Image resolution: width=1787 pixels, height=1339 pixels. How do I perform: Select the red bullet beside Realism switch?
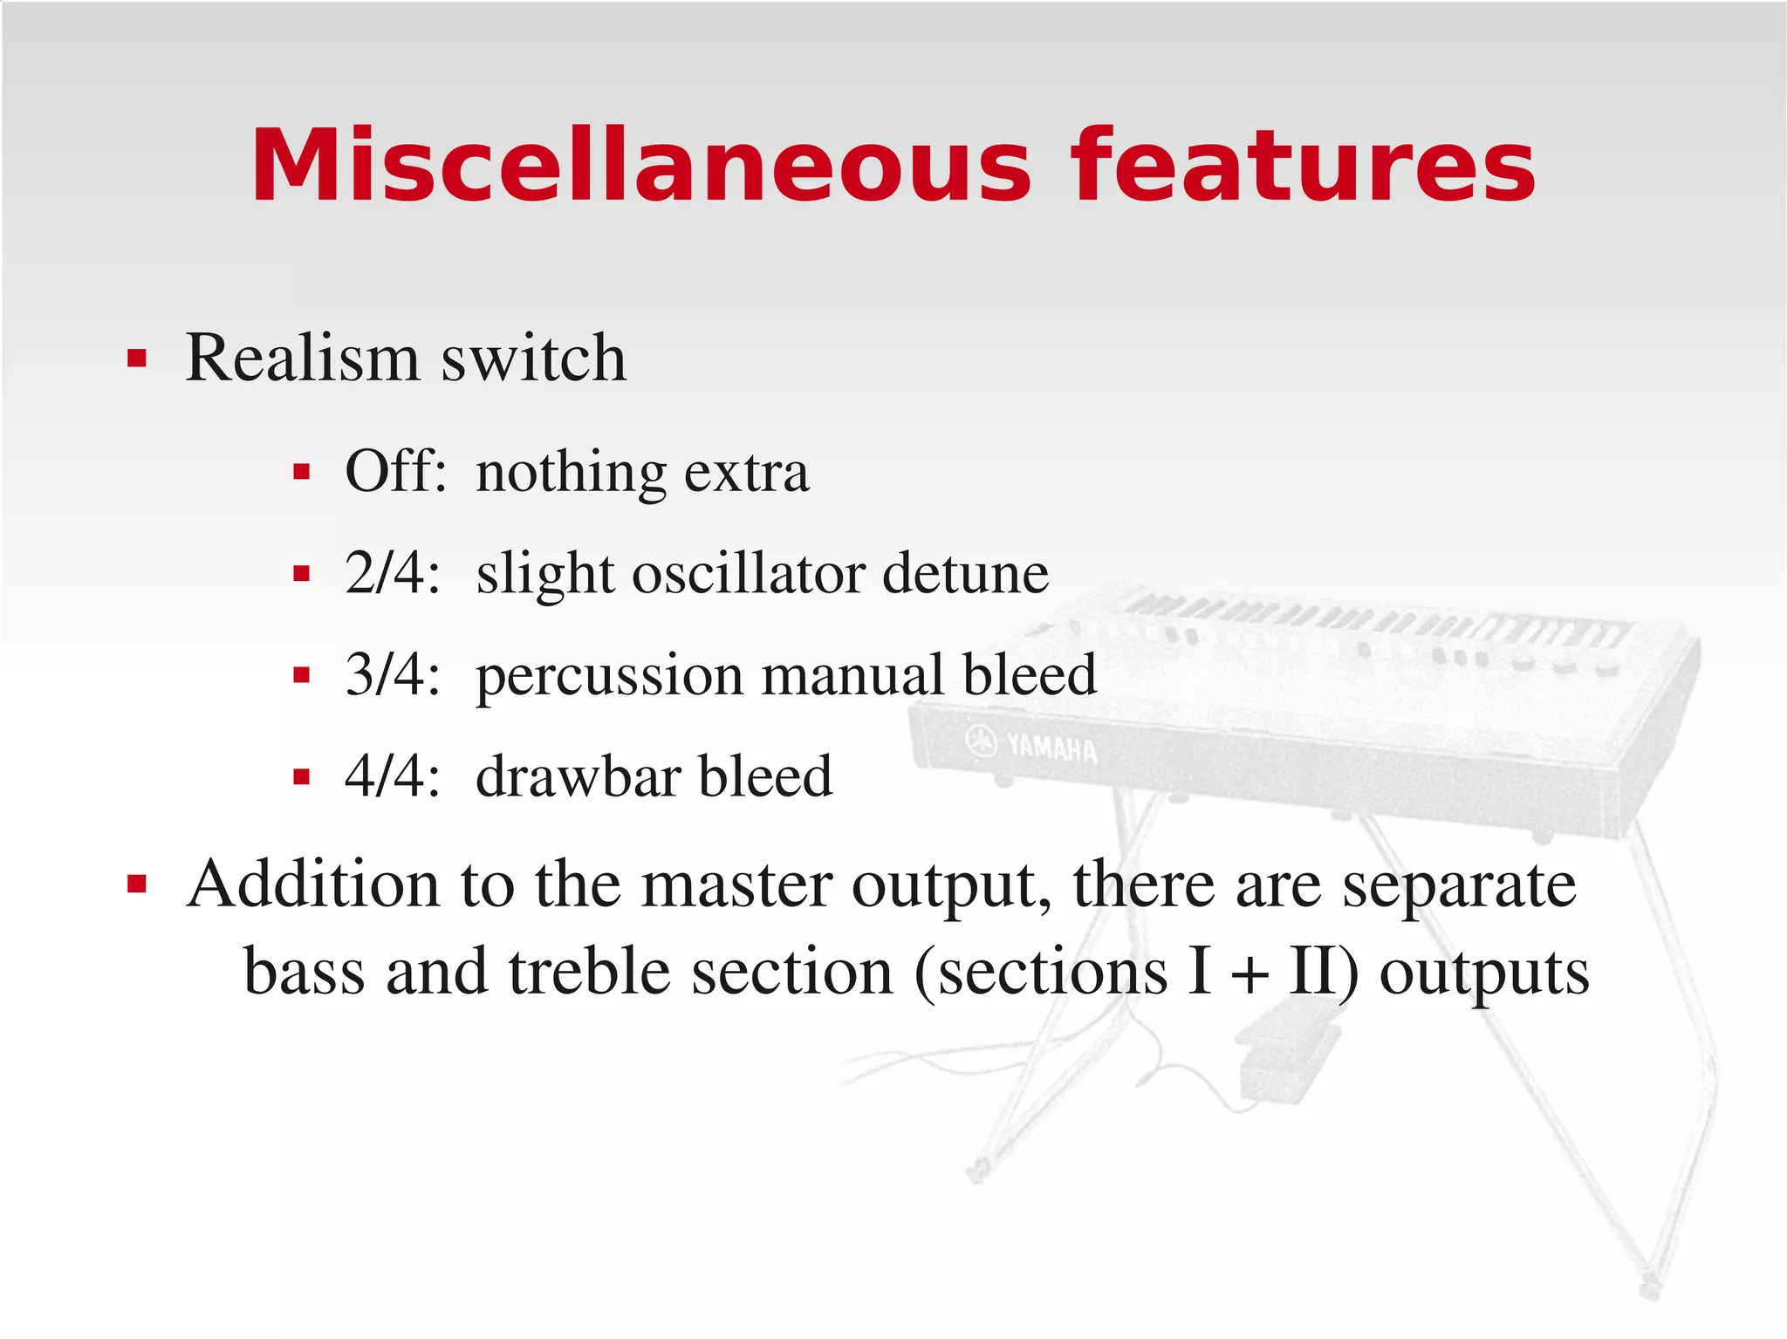tap(137, 359)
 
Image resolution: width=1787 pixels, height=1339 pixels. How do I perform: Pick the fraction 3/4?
tap(392, 674)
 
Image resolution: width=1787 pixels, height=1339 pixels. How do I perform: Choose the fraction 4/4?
tap(392, 775)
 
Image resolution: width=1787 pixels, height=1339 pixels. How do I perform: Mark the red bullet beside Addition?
tap(137, 885)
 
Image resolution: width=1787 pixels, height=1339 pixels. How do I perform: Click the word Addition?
tap(312, 885)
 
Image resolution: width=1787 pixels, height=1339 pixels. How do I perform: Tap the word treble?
tap(589, 972)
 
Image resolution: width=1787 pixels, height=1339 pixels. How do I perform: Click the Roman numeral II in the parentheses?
tap(1314, 972)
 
